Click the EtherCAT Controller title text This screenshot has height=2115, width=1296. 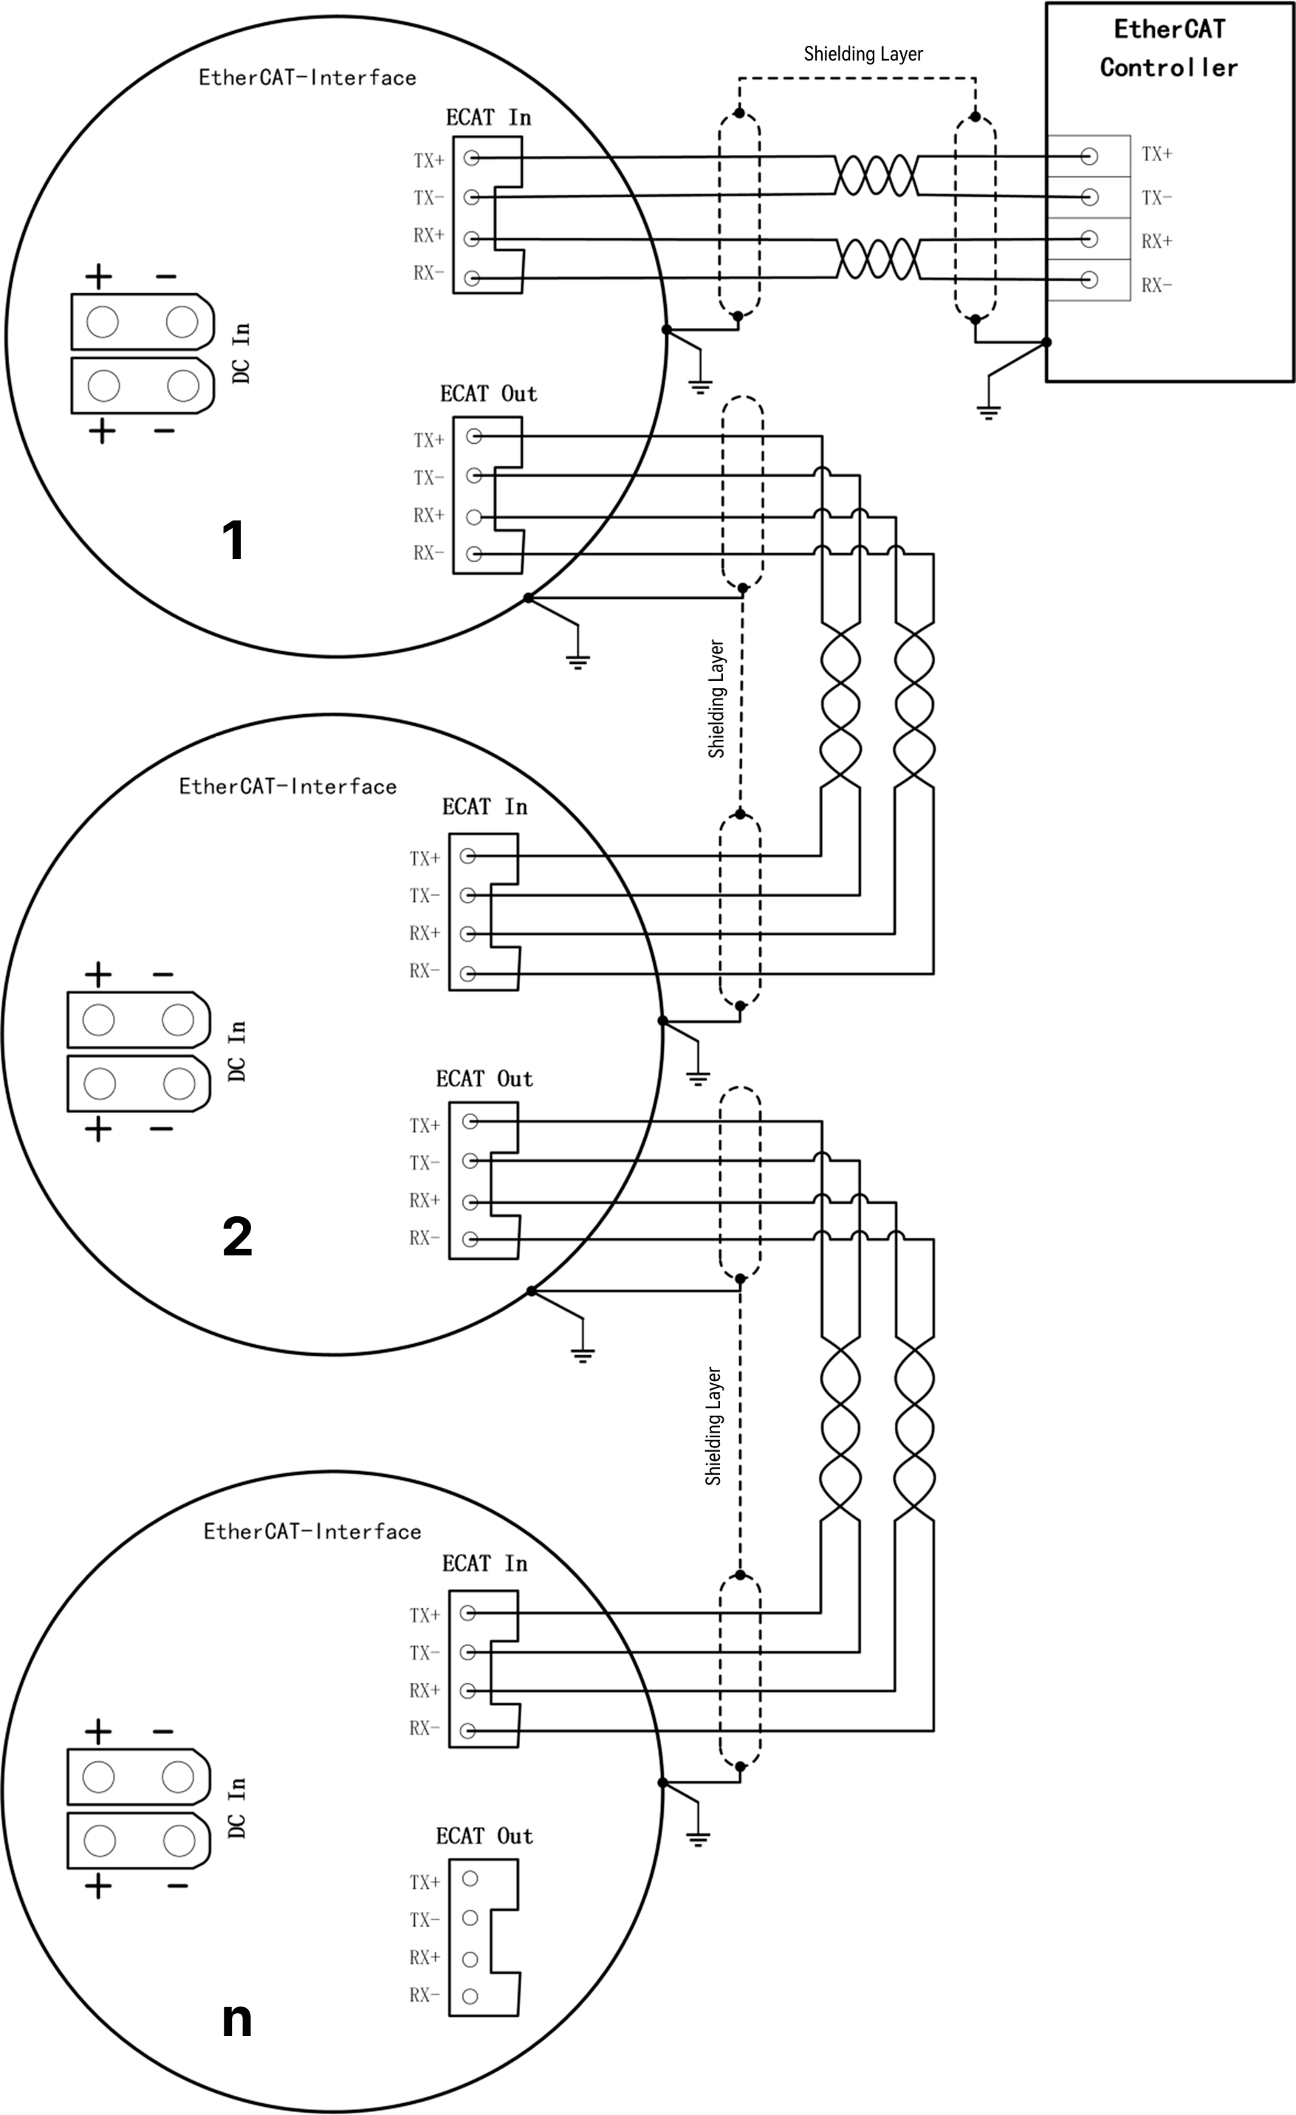tap(1169, 48)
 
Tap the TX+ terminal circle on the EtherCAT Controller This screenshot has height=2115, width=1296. tap(1089, 157)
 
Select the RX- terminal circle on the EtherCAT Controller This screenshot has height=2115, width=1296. tap(1089, 280)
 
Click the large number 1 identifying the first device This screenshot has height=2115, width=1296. tap(233, 540)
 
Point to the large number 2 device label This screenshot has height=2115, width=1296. tap(237, 1237)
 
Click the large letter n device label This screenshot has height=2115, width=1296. tap(237, 2020)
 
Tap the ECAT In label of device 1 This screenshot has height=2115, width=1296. tap(488, 117)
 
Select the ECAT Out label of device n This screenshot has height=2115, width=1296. tap(484, 1835)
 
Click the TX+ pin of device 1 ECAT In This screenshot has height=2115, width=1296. tap(471, 159)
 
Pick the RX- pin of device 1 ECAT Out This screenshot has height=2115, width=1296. tap(474, 554)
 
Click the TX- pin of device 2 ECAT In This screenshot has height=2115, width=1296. tap(467, 895)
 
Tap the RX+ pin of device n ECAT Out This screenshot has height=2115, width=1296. tap(470, 1958)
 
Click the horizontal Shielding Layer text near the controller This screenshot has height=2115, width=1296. tap(863, 54)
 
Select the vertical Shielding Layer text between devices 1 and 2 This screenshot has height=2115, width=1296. tap(716, 699)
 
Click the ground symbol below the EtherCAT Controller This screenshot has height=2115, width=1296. tap(989, 412)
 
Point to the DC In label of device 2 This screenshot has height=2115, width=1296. tap(238, 1051)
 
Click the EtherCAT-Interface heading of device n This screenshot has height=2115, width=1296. tap(312, 1532)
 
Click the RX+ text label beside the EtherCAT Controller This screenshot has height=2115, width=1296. tap(1157, 241)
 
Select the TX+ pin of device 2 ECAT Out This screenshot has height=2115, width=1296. tap(470, 1121)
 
